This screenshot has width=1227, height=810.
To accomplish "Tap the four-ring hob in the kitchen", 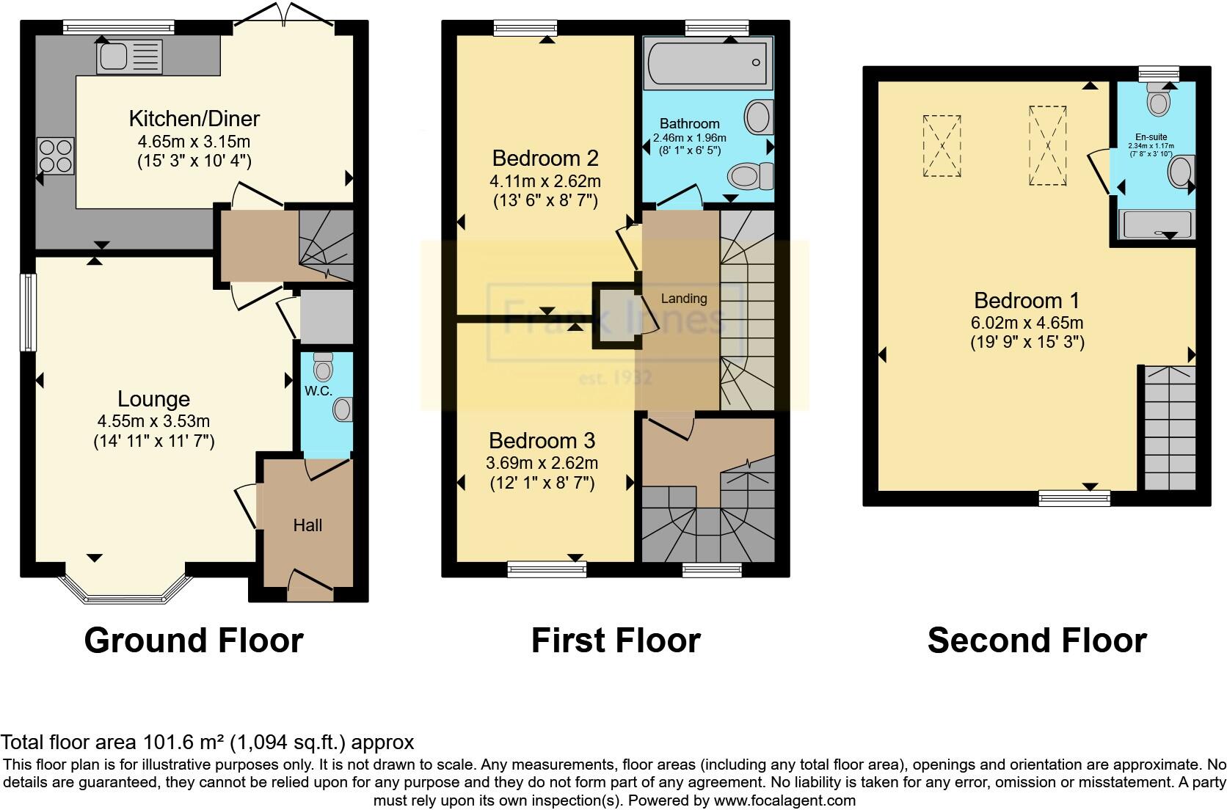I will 56,156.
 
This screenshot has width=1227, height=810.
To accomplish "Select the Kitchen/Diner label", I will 194,118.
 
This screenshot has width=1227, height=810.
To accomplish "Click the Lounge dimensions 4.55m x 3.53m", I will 153,421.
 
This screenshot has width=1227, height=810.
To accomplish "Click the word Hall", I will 307,525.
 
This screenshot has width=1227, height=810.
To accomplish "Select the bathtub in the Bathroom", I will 707,63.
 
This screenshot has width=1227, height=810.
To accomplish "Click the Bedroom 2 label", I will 545,158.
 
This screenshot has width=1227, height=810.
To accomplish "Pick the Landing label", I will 684,299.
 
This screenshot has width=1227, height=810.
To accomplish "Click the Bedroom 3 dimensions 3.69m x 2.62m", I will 542,463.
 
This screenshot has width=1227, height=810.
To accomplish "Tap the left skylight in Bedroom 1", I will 942,145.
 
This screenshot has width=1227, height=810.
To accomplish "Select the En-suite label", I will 1151,137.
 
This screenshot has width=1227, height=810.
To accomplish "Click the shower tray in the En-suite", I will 1157,225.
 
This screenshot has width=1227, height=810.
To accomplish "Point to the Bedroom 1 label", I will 1027,300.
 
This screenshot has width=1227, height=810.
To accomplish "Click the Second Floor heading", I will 1036,641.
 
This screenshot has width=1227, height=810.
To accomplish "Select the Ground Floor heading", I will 194,641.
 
